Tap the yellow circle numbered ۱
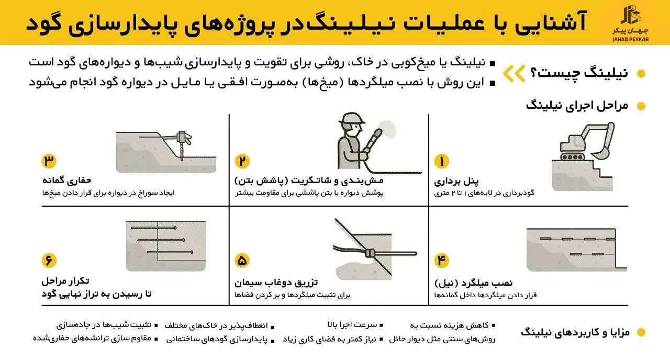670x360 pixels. (441, 161)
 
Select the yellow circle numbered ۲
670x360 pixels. (242, 161)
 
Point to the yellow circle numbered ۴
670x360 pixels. (441, 260)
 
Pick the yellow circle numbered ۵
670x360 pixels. (242, 260)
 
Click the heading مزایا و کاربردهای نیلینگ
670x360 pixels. (576, 332)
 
